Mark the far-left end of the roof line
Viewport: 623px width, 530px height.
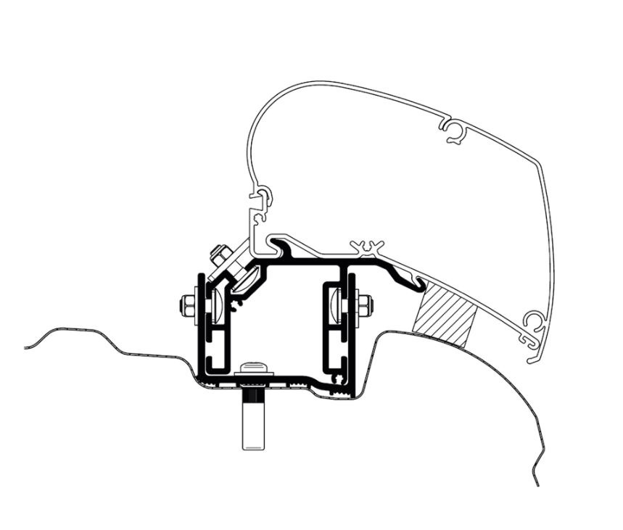(26, 347)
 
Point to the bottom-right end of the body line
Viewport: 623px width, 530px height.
(537, 484)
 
